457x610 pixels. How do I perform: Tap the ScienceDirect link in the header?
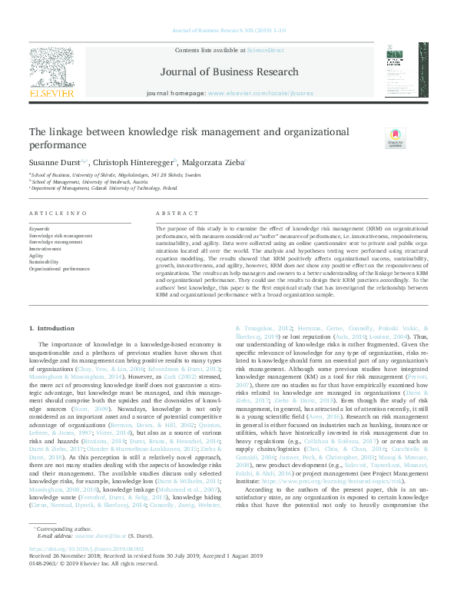tap(265, 49)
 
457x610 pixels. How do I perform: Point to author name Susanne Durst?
tap(55, 163)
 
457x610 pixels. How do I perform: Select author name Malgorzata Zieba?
tap(215, 163)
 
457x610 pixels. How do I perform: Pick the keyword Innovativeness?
tap(46, 249)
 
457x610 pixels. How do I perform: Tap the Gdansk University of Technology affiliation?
tap(115, 187)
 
